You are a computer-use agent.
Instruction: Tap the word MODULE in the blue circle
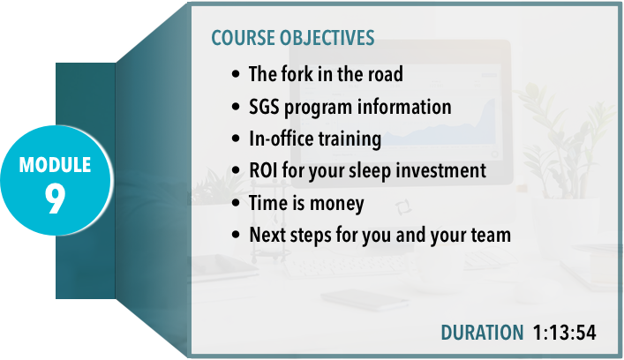[x=55, y=165]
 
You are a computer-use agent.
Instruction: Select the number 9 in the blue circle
[x=55, y=199]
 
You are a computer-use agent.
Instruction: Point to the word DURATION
[x=482, y=333]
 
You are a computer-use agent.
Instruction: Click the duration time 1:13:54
[x=564, y=333]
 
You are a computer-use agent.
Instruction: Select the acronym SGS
[x=264, y=107]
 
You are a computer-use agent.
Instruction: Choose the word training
[x=350, y=139]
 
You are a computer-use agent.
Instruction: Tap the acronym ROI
[x=263, y=170]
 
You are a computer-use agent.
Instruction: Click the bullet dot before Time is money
[x=236, y=203]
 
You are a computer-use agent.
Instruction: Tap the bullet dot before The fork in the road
[x=236, y=74]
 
